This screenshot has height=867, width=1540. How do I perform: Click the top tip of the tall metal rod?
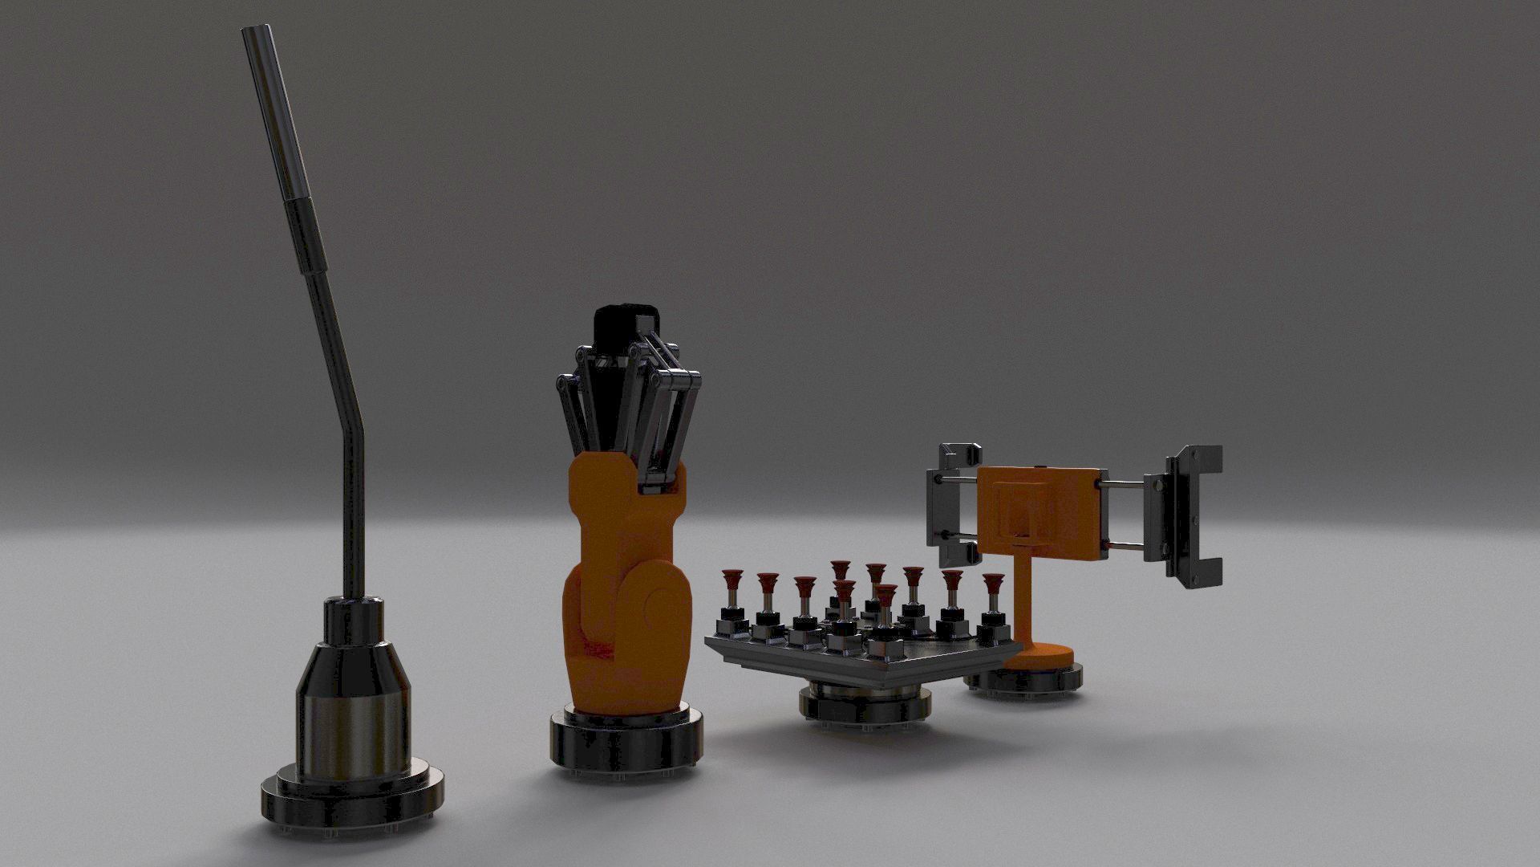click(x=256, y=32)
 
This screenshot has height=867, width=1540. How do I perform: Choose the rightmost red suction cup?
click(x=994, y=583)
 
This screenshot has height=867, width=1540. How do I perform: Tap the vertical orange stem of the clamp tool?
click(x=1026, y=594)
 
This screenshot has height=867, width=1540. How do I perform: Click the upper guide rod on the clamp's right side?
click(x=1123, y=484)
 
